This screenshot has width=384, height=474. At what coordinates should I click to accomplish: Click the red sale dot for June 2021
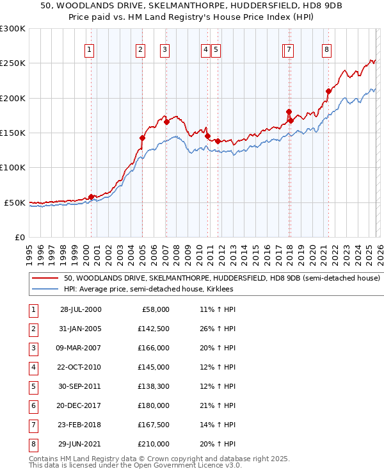click(328, 91)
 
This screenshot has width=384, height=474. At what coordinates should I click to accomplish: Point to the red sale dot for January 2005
click(143, 138)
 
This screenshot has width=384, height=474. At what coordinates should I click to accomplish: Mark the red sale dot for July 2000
click(91, 197)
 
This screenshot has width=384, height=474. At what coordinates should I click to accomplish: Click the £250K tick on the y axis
click(13, 63)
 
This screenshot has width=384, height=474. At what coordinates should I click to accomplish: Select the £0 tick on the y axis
click(19, 237)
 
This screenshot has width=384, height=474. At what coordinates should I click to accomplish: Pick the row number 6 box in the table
click(33, 405)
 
